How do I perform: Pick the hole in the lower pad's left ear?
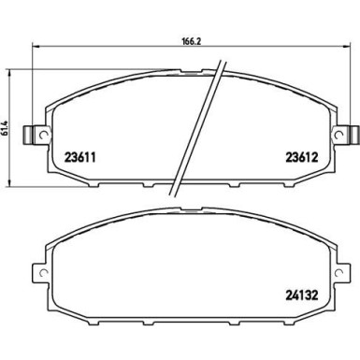coord(38,276)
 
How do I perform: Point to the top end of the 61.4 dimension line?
coord(11,67)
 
